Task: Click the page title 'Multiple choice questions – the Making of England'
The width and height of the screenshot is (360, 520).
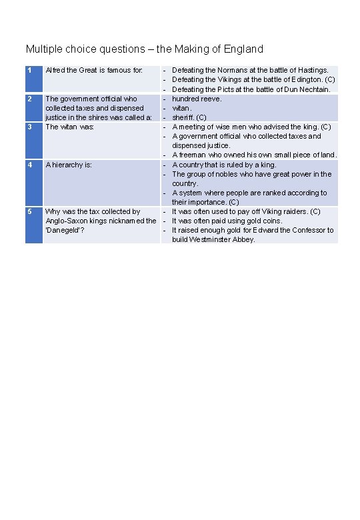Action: [x=144, y=49]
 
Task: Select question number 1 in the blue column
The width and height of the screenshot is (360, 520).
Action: [x=29, y=69]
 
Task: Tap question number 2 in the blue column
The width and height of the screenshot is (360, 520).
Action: [x=29, y=99]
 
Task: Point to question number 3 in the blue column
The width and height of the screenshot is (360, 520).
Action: [x=29, y=126]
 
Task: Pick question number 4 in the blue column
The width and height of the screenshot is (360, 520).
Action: [x=29, y=165]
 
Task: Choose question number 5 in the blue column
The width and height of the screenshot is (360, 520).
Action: [x=29, y=211]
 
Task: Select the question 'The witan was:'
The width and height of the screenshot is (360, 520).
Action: [x=69, y=127]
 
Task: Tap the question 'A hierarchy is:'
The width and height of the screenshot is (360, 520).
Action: [x=68, y=165]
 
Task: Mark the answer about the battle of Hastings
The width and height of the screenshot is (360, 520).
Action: [x=250, y=70]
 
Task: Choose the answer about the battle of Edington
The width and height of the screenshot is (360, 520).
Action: [x=253, y=79]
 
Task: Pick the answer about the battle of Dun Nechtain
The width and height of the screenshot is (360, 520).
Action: [x=251, y=89]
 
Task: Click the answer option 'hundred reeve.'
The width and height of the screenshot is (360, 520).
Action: [x=197, y=99]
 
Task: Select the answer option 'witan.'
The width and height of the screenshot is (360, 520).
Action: [x=182, y=108]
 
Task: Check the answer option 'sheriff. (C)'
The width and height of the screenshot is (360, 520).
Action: [x=189, y=117]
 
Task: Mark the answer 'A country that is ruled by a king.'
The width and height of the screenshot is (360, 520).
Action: [x=233, y=165]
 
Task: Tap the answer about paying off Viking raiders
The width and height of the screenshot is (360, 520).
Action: [x=246, y=211]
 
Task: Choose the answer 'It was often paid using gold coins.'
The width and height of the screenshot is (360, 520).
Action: [x=227, y=221]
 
